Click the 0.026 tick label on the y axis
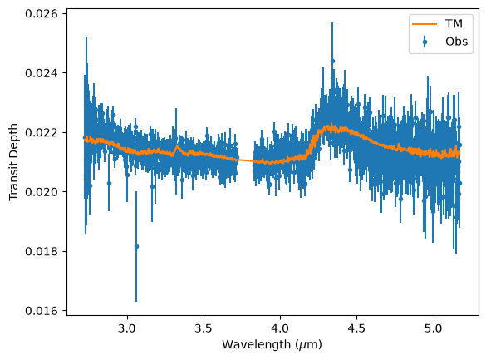pos(42,13)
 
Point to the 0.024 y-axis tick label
pos(42,73)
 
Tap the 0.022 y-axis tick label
pos(42,132)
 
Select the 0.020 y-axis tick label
pos(42,191)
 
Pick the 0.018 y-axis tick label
pos(42,251)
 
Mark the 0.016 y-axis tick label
pos(42,311)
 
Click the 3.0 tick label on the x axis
pos(127,328)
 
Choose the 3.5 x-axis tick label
pos(204,328)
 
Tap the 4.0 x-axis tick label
pos(280,328)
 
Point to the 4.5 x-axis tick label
pos(356,328)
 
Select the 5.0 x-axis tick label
pos(433,328)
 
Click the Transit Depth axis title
pos(13,162)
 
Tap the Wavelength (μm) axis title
pos(272,344)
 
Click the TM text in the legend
pos(454,24)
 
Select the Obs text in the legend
pos(457,42)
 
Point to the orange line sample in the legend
pos(425,24)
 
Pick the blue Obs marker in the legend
pos(425,42)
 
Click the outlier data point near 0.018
pos(136,246)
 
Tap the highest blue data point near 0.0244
pos(332,61)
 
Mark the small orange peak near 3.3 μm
pos(177,146)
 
